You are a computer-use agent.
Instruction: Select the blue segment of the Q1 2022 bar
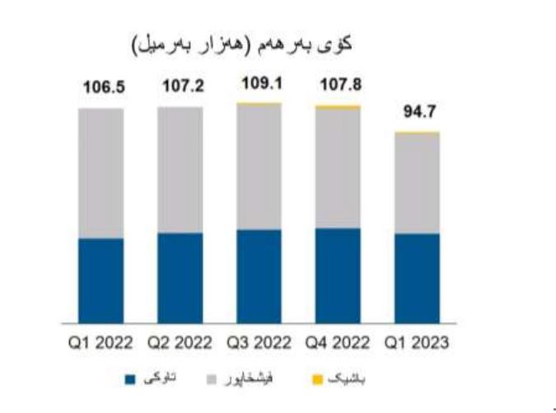101,281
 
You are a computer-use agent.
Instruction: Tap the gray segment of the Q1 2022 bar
101,173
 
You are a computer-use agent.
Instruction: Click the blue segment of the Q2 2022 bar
180,277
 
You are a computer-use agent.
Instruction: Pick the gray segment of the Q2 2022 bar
180,169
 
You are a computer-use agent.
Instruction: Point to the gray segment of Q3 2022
259,167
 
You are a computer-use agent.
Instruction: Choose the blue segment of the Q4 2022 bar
338,275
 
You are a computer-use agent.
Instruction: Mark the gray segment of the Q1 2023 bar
417,183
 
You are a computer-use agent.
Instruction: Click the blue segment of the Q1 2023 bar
417,278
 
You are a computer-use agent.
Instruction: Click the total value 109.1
259,85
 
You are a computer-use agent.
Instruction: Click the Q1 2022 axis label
101,343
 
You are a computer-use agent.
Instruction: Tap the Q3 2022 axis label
259,343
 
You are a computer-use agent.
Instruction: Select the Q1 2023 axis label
417,343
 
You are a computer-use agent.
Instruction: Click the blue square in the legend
129,380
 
